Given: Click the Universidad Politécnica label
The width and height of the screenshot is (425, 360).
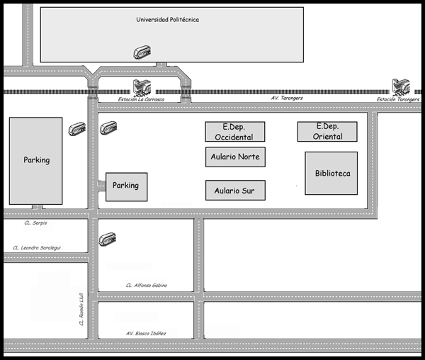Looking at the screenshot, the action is pyautogui.click(x=167, y=20).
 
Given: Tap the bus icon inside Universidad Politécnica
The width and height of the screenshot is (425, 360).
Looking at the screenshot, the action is pyautogui.click(x=142, y=52).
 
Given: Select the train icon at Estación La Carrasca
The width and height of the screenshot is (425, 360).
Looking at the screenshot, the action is pyautogui.click(x=142, y=88).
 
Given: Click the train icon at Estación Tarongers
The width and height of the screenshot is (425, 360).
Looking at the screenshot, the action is pyautogui.click(x=401, y=87).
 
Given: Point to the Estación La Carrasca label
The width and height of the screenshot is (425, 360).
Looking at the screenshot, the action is pyautogui.click(x=141, y=99).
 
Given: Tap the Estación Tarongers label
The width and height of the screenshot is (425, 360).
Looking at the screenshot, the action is pyautogui.click(x=398, y=99).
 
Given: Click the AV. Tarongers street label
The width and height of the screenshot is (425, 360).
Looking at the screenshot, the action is pyautogui.click(x=287, y=98).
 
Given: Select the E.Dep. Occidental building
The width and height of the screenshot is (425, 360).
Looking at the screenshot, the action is pyautogui.click(x=235, y=132).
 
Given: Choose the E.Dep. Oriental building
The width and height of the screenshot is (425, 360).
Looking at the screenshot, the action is pyautogui.click(x=327, y=132).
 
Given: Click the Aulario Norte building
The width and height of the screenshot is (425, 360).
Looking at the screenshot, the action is pyautogui.click(x=235, y=157).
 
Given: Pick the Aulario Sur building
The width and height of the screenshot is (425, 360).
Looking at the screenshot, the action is pyautogui.click(x=235, y=191).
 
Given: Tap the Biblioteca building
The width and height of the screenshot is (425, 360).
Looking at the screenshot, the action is pyautogui.click(x=331, y=173).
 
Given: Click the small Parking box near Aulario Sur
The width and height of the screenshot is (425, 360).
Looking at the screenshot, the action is pyautogui.click(x=127, y=187).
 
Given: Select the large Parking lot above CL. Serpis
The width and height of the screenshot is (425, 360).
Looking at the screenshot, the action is pyautogui.click(x=36, y=161).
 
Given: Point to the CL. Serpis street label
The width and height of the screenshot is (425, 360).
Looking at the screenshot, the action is pyautogui.click(x=35, y=223).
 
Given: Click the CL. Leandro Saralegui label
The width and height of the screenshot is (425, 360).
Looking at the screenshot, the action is pyautogui.click(x=37, y=248).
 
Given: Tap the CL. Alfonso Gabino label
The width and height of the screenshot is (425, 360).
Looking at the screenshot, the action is pyautogui.click(x=147, y=285).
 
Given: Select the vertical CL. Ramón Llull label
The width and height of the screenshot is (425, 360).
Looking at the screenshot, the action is pyautogui.click(x=81, y=309).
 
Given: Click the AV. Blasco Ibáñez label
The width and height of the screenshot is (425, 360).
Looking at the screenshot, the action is pyautogui.click(x=146, y=334).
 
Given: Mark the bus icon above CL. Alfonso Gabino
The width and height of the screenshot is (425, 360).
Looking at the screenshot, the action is pyautogui.click(x=108, y=240).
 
